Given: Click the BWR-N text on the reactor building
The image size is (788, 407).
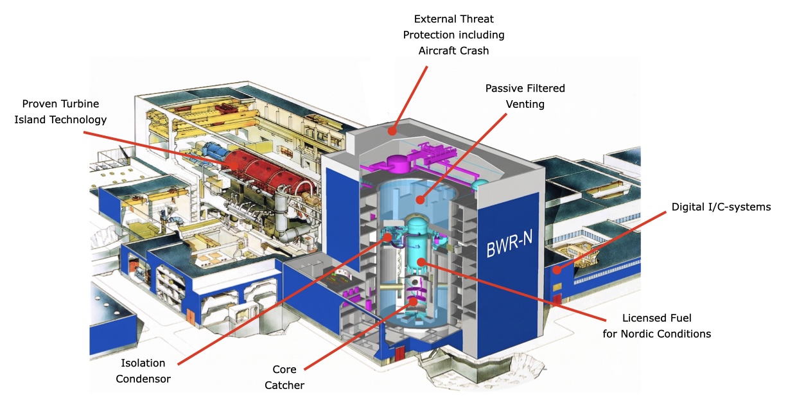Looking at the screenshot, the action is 509,243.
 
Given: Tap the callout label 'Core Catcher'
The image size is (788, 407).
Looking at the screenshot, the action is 285,377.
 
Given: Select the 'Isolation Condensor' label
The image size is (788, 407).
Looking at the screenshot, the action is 143,371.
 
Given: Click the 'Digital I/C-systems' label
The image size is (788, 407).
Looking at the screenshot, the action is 721,207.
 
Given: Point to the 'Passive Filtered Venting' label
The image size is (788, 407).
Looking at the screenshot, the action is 525,96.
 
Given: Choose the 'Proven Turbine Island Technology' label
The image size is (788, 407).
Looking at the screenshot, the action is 60,112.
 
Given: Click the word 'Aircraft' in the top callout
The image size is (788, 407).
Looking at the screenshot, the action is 435,51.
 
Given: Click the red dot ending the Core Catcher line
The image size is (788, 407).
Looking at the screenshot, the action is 413,302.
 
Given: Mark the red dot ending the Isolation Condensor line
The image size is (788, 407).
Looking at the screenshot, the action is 387,237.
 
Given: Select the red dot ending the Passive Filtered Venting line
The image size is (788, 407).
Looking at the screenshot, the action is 419,200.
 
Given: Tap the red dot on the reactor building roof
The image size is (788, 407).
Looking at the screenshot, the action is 392,131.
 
